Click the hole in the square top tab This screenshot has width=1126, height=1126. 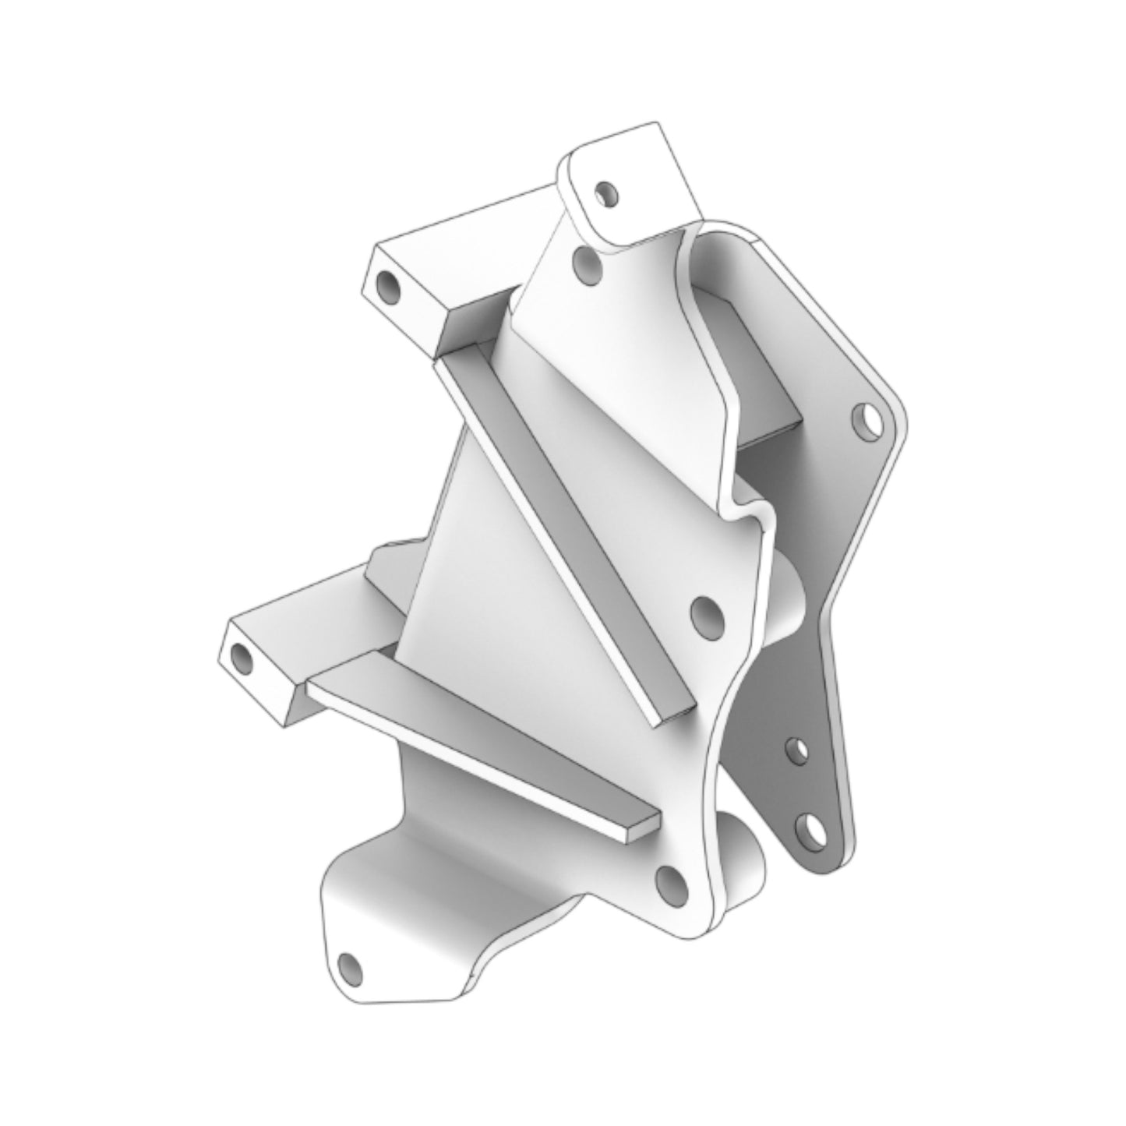[604, 190]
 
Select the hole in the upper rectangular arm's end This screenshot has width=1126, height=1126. [387, 288]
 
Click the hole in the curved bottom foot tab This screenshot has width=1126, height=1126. [351, 969]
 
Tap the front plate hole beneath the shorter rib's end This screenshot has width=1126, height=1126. [671, 881]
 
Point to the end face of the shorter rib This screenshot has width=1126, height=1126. [640, 828]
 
